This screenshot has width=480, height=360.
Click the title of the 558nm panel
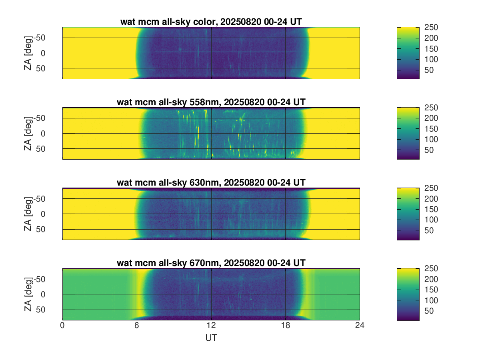point(211,102)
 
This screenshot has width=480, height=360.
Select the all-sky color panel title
point(211,22)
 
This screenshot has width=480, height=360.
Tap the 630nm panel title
point(211,182)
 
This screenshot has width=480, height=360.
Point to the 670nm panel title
point(211,263)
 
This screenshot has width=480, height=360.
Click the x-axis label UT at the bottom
point(211,338)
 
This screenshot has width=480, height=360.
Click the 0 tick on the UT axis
point(62,326)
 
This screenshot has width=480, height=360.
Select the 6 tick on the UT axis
point(137,326)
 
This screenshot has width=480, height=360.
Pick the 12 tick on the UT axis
point(211,326)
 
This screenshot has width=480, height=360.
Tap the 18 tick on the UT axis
point(285,326)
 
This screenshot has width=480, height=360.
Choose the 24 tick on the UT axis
point(360,326)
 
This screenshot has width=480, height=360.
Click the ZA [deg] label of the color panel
point(28,53)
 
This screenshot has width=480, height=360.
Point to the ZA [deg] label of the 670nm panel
point(28,294)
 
